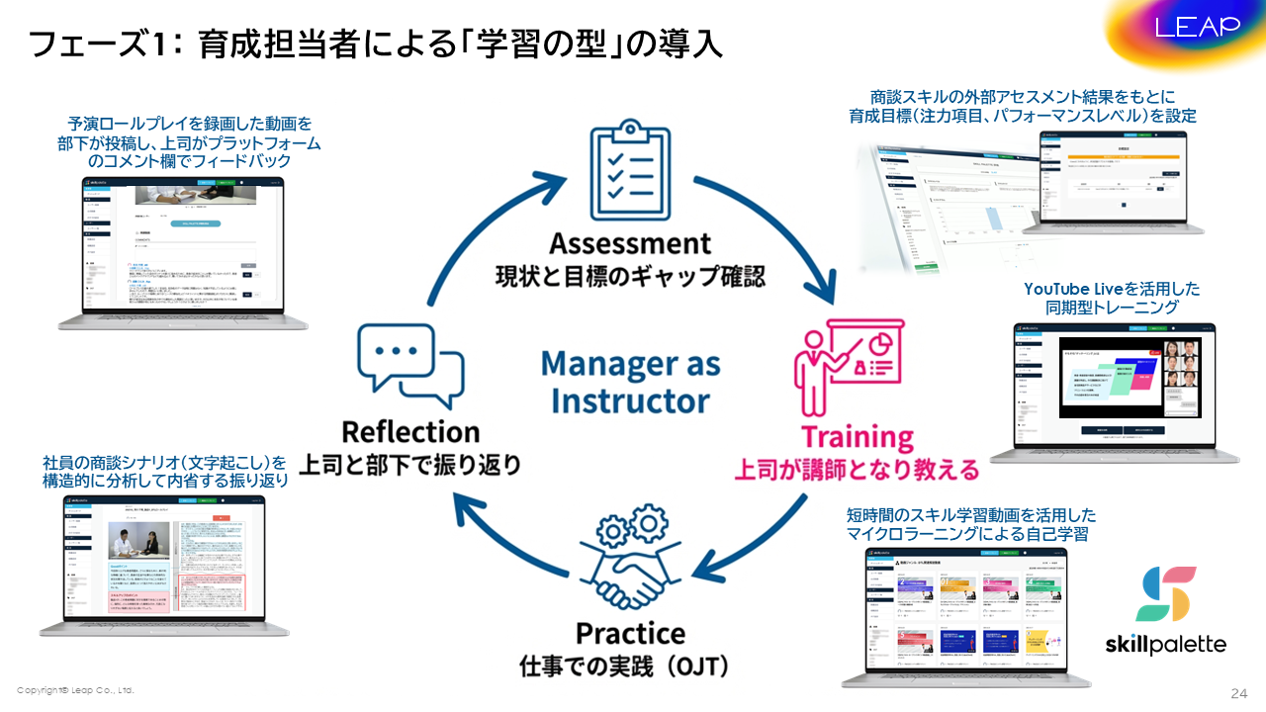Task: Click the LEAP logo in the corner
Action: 1197,26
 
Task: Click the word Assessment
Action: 630,243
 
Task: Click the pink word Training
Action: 857,437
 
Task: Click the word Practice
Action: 630,632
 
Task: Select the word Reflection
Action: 409,432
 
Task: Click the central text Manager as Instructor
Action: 630,384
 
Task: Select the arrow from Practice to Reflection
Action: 495,539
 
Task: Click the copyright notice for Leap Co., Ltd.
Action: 75,689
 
